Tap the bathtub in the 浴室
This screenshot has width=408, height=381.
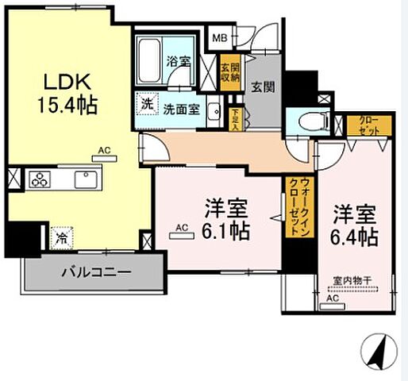point(148,57)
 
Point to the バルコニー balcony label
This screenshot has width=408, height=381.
point(97,271)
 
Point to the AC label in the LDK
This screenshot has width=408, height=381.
point(104,149)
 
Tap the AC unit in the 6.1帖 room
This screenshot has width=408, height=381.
point(180,230)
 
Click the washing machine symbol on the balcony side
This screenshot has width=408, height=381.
point(61,236)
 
